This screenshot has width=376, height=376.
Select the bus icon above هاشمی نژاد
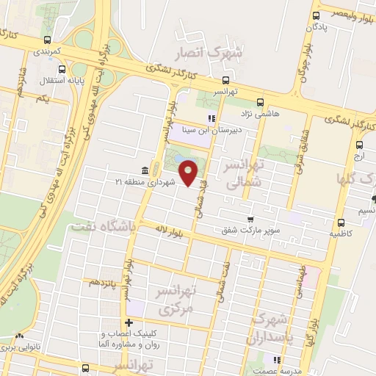coord(258,103)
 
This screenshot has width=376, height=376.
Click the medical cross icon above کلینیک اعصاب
coord(129,322)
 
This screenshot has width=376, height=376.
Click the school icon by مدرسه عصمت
coord(277,360)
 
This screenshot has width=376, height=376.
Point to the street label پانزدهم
coord(102,283)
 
